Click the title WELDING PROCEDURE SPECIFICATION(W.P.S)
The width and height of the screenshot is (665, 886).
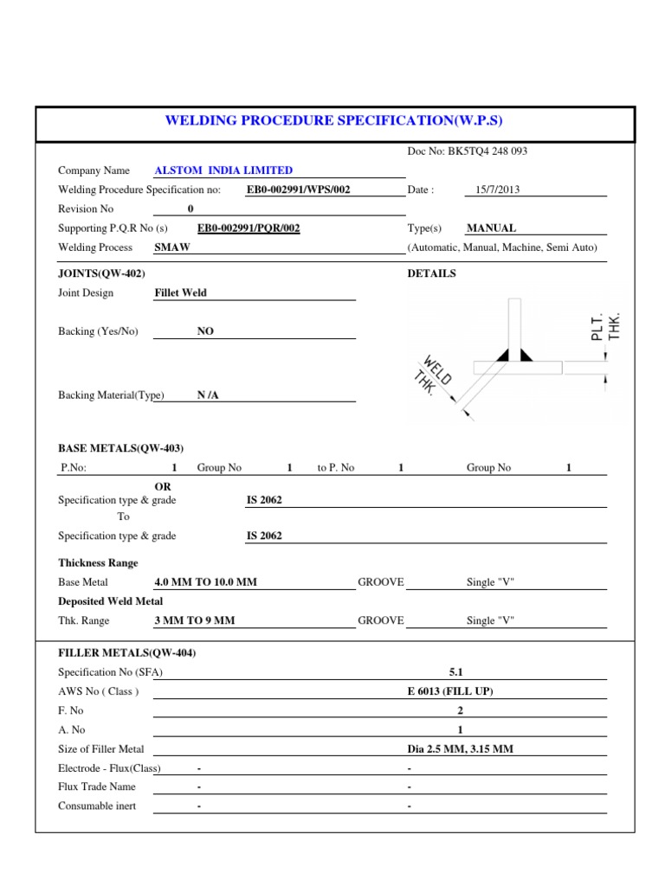tap(334, 120)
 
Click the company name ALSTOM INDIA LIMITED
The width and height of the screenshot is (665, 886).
tap(223, 170)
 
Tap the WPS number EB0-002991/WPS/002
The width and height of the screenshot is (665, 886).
tap(298, 189)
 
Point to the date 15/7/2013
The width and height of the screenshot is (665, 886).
tap(498, 189)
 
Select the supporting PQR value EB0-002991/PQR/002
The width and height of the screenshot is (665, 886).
tap(249, 228)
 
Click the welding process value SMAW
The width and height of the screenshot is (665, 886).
tap(171, 247)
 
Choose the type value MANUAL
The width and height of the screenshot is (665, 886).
tap(491, 228)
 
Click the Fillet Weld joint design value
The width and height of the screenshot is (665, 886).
tap(180, 293)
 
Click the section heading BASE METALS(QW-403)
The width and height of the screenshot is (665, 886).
tap(120, 448)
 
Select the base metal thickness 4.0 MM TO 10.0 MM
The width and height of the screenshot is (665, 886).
tap(205, 582)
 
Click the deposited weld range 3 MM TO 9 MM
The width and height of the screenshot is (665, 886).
tap(194, 620)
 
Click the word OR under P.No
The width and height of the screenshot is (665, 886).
tap(162, 487)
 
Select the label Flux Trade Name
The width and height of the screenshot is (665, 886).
tap(97, 787)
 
